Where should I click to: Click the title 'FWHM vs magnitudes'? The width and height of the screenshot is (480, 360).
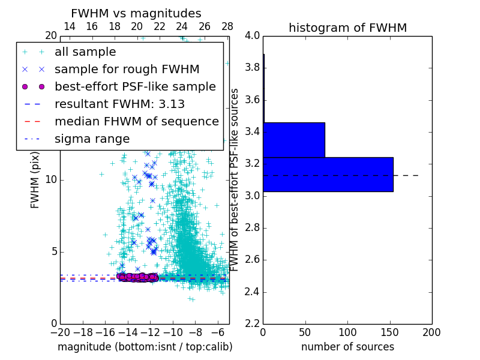[x=136, y=13]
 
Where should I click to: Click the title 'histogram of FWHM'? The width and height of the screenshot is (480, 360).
[x=347, y=28]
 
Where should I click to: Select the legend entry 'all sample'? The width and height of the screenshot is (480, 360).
[x=85, y=52]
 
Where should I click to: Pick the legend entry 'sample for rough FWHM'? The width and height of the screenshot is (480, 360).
[x=127, y=70]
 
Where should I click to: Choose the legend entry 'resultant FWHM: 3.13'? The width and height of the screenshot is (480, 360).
[x=119, y=104]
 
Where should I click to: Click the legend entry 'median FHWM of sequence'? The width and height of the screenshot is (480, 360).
[x=136, y=121]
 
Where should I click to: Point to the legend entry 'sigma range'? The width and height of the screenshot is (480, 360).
[x=92, y=139]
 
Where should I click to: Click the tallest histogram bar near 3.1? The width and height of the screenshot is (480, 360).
[x=328, y=174]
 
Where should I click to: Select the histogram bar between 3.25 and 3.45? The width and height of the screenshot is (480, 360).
[x=293, y=140]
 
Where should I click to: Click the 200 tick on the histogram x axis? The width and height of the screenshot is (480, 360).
[x=431, y=332]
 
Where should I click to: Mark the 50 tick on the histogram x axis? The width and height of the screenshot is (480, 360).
[x=305, y=332]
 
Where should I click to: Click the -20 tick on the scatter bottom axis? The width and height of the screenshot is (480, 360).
[x=59, y=332]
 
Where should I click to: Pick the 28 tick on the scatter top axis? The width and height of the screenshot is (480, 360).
[x=227, y=26]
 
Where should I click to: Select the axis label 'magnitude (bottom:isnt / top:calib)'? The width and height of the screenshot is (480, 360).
[x=145, y=347]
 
